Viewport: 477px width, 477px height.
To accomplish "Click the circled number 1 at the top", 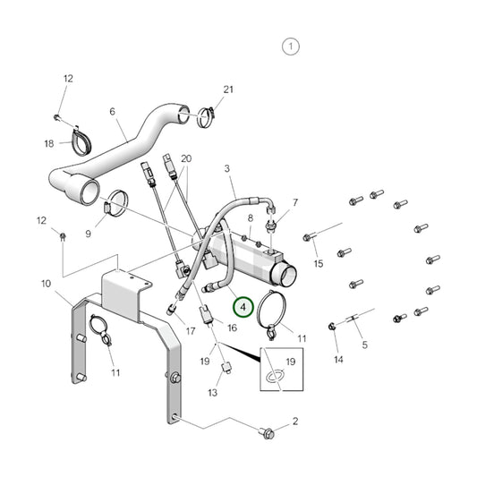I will [x=291, y=47].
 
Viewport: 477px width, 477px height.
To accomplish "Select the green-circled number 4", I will [x=243, y=307].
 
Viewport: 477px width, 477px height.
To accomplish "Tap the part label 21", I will [x=227, y=89].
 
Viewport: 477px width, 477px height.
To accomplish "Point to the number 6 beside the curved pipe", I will [x=112, y=112].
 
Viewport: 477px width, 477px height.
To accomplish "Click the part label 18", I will [x=49, y=143].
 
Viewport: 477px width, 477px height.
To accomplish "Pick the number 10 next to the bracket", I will [x=45, y=284].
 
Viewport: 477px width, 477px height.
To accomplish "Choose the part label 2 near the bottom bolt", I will [x=294, y=421].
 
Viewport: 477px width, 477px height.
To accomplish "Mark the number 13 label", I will [x=213, y=393].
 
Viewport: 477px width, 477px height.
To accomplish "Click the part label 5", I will [x=363, y=344].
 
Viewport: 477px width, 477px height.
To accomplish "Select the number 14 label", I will [x=338, y=359].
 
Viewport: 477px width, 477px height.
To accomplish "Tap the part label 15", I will [x=317, y=264].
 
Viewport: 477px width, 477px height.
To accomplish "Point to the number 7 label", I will [x=295, y=203].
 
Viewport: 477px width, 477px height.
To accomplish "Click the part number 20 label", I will [x=186, y=158].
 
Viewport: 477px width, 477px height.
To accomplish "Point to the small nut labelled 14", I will [x=333, y=326].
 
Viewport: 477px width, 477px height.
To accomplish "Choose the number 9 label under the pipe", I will [x=89, y=234].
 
